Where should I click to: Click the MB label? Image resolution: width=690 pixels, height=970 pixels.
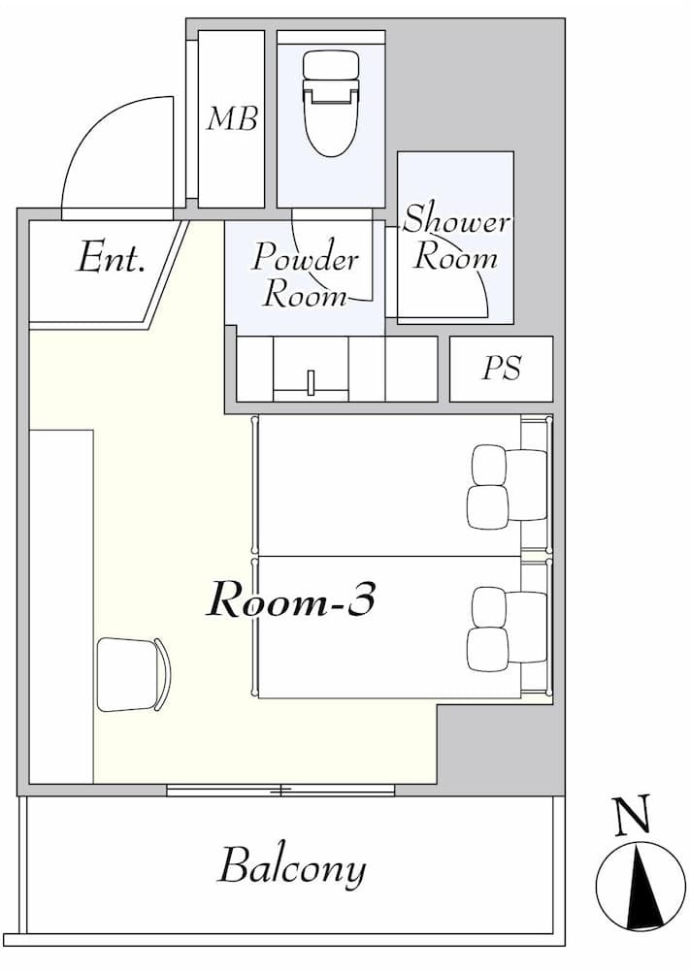(232, 119)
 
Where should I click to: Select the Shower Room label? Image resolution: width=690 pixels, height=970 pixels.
(455, 238)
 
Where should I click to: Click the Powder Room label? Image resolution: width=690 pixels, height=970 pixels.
(305, 275)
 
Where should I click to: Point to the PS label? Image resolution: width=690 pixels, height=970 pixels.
(502, 369)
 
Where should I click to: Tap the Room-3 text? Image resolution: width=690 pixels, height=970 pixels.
(291, 601)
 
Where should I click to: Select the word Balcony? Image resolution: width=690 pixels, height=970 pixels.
(291, 866)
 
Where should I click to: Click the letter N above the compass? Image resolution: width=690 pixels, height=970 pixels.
(633, 818)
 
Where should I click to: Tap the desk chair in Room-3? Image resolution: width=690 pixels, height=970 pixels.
(134, 674)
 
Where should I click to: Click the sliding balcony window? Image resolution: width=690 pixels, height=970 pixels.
(280, 791)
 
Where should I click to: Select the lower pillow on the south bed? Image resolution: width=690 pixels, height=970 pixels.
(487, 649)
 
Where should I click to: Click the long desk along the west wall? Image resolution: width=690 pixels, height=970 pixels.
(61, 605)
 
